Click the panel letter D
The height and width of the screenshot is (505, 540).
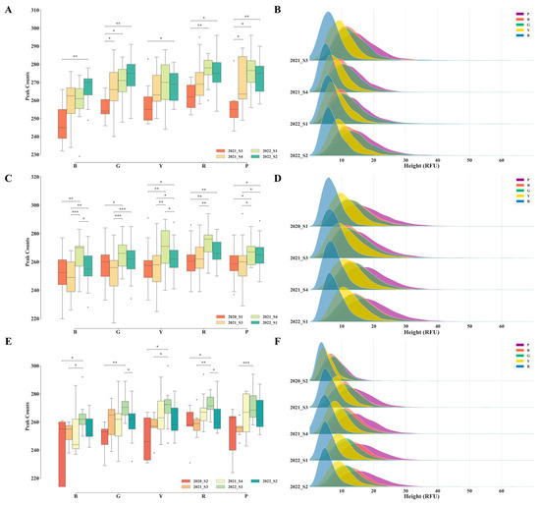point(280,177)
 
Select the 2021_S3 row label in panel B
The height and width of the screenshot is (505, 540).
point(292,60)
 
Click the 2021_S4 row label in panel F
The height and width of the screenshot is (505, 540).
point(292,433)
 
